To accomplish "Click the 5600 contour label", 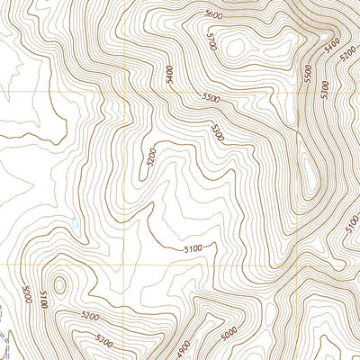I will point(213,15).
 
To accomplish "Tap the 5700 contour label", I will point(212,42).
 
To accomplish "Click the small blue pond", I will point(75,221).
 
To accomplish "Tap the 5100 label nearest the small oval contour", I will point(42,300).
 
